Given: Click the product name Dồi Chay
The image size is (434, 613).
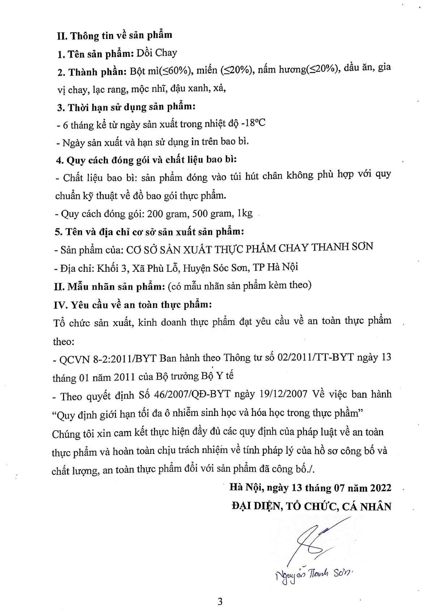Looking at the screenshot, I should point(156,53).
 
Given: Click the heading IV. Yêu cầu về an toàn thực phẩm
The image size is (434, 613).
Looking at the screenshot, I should point(133,305).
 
